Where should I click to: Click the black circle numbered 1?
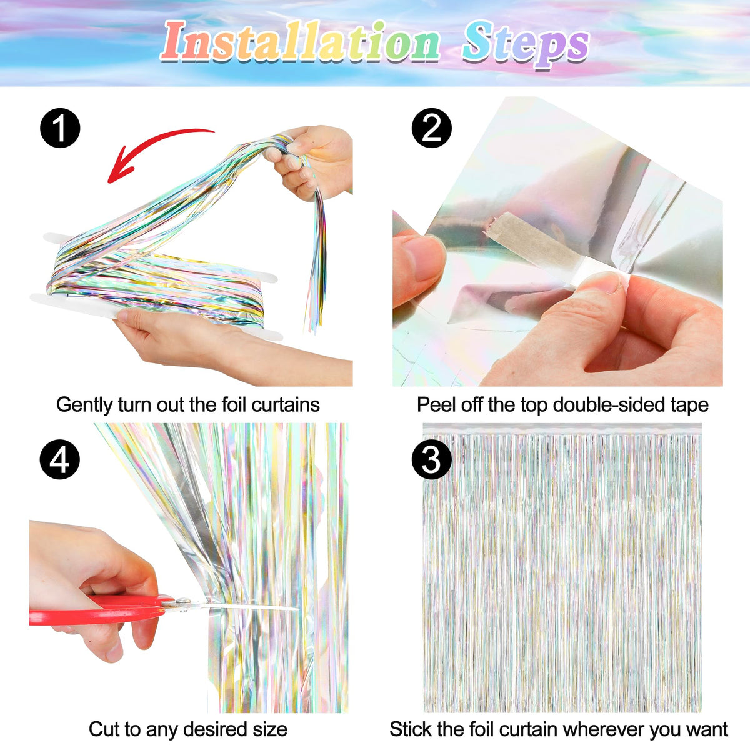(x=60, y=128)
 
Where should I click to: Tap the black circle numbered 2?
(x=432, y=128)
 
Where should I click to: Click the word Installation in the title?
(x=301, y=42)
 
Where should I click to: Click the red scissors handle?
(x=97, y=609)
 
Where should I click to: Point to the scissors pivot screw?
(x=182, y=602)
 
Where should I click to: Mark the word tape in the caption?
(x=689, y=405)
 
